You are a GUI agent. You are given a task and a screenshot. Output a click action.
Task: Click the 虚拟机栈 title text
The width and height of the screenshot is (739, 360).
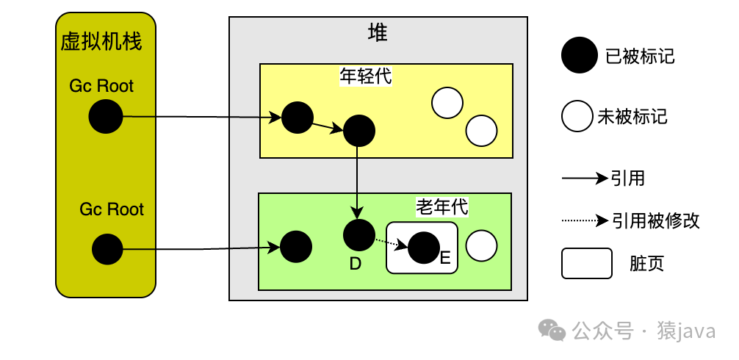[x=101, y=42]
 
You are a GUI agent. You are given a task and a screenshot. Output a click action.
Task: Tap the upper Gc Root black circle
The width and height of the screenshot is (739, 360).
[x=106, y=117]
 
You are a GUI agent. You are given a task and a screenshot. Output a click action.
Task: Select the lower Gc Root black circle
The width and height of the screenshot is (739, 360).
[x=107, y=249]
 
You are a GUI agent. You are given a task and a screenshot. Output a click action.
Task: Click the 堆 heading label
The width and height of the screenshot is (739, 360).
[x=378, y=33]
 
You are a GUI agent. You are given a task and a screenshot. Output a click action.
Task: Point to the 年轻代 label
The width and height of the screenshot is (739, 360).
[x=366, y=76]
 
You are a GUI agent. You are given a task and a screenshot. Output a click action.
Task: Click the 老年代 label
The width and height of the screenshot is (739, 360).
[x=441, y=206]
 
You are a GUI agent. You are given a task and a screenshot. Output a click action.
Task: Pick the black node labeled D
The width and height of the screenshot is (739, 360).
[x=358, y=234]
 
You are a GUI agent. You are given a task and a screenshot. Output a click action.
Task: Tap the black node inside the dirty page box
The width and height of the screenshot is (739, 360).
[x=423, y=248]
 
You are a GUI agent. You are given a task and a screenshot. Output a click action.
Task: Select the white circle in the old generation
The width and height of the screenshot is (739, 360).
[x=482, y=246]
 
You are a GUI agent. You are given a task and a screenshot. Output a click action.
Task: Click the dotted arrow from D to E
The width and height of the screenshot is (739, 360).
[x=390, y=242]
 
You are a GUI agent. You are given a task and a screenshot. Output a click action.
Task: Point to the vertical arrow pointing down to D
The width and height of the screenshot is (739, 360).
[x=357, y=180]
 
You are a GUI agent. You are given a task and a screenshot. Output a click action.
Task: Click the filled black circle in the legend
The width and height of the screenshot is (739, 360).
[x=579, y=56]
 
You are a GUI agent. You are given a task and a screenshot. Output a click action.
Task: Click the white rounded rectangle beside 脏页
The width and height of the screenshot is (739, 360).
[x=586, y=263]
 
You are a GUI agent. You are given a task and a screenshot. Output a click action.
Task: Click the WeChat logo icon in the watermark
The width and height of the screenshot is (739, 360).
[x=552, y=331]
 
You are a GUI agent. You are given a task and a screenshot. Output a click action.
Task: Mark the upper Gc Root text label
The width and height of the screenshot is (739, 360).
[x=101, y=86]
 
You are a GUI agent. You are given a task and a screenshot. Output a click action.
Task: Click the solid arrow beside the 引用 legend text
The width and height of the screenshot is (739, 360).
[x=585, y=178]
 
